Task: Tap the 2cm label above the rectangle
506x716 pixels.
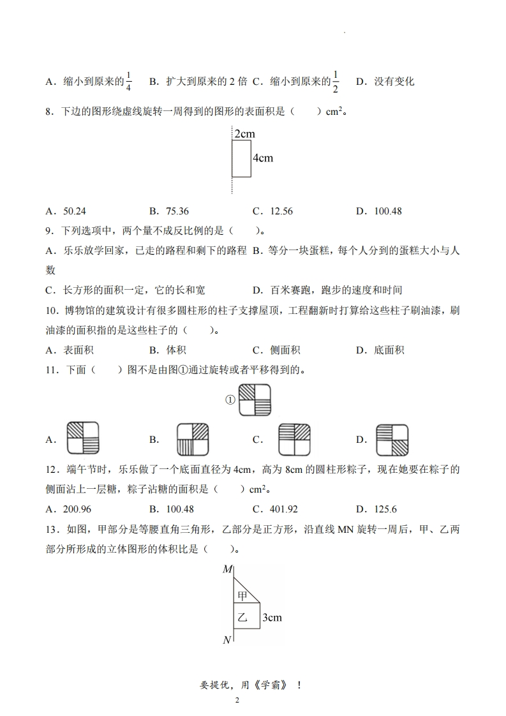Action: [x=244, y=134]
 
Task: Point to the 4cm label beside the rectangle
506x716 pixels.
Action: [x=262, y=158]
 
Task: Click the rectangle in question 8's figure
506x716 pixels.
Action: [x=241, y=158]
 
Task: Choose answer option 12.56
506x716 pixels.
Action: [x=281, y=211]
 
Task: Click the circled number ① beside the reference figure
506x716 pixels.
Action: [x=230, y=399]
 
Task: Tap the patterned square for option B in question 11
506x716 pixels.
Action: [x=193, y=439]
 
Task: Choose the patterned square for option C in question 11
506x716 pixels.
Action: [x=294, y=439]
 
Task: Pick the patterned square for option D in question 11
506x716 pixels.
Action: [x=392, y=439]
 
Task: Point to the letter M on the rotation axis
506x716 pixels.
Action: [x=227, y=569]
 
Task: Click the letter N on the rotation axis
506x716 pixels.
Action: [x=227, y=639]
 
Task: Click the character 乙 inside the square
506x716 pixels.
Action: [x=242, y=617]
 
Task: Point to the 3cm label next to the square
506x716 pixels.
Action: [x=272, y=617]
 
